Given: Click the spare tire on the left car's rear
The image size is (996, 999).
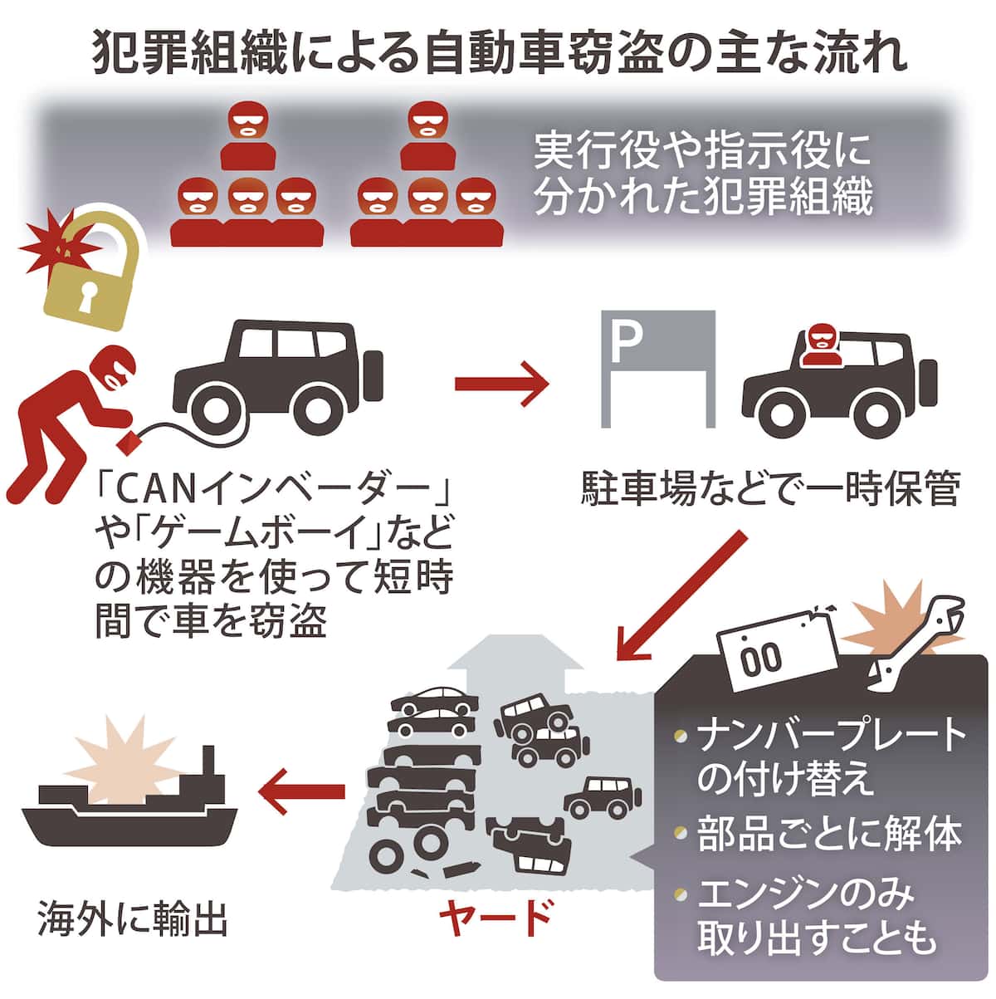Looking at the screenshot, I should [373, 376].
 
